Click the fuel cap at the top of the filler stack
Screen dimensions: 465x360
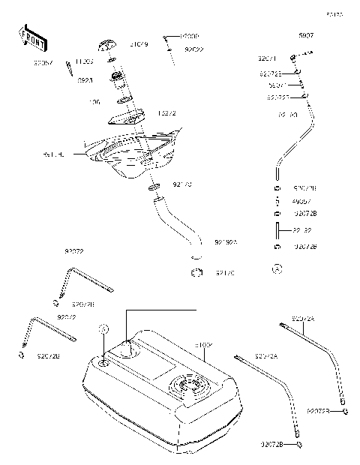pos(109,44)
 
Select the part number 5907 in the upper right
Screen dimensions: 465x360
pos(305,36)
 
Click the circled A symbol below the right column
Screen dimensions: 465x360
pos(277,268)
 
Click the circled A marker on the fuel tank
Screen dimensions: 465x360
pos(103,329)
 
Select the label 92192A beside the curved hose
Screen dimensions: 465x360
pos(225,242)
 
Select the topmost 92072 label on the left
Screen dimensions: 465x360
pos(73,252)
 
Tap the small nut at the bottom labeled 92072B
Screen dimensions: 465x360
pos(299,445)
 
